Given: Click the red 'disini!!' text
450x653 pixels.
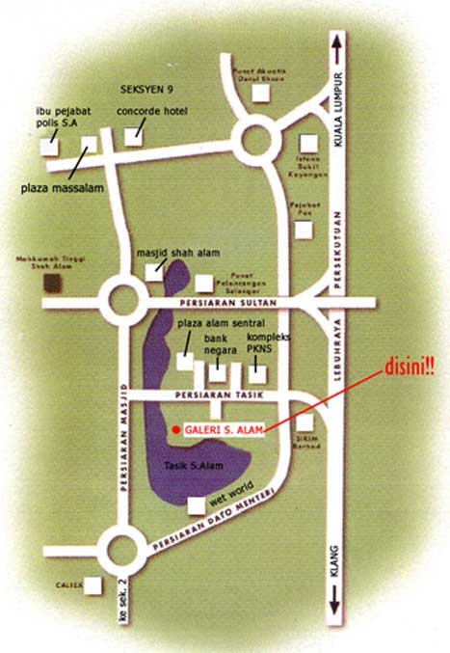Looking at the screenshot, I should pos(410,367).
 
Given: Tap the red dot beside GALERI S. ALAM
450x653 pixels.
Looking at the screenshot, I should pos(174,429).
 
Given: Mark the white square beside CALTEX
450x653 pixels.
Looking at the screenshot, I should pos(93,585).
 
